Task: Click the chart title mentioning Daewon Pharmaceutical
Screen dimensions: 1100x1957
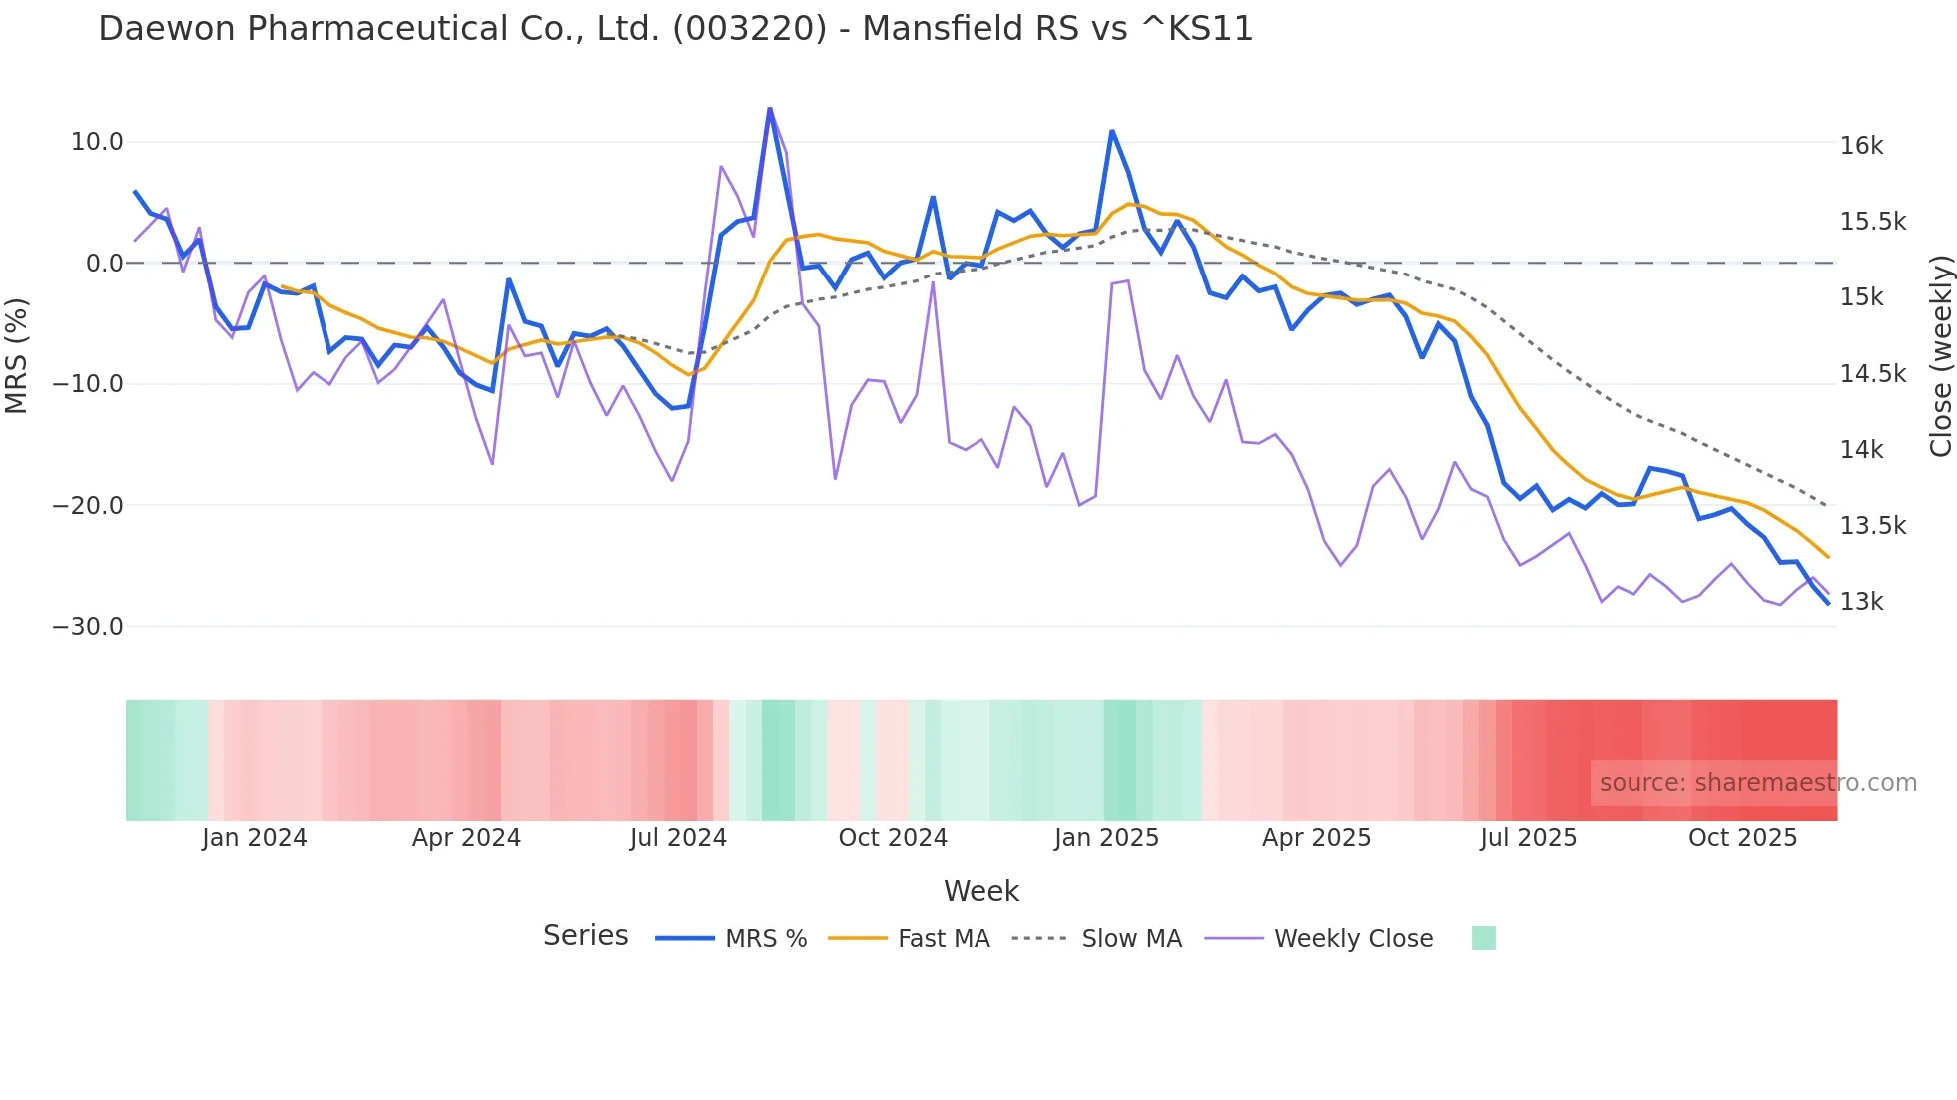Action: tap(675, 29)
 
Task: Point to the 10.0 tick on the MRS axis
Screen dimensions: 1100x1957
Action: tap(97, 142)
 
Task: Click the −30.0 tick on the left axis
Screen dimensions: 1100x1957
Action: tap(88, 627)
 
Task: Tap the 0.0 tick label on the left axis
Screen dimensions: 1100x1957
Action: tap(104, 264)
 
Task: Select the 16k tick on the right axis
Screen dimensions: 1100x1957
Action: tap(1861, 146)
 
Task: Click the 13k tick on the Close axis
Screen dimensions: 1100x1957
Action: tap(1861, 602)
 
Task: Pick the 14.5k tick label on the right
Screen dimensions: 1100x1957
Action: tap(1872, 374)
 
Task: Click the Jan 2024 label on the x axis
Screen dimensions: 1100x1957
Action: tap(254, 838)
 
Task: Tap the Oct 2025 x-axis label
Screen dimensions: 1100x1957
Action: tap(1742, 838)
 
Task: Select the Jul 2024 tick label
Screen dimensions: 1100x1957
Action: tap(678, 838)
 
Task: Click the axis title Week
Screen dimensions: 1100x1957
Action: tap(980, 891)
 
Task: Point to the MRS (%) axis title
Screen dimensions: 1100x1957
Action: tap(17, 355)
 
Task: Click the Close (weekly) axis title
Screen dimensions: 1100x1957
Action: tap(1940, 356)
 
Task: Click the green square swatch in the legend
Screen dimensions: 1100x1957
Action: tap(1483, 938)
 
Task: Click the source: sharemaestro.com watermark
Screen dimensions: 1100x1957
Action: tap(1757, 783)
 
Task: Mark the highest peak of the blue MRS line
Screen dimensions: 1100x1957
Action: tap(770, 108)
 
